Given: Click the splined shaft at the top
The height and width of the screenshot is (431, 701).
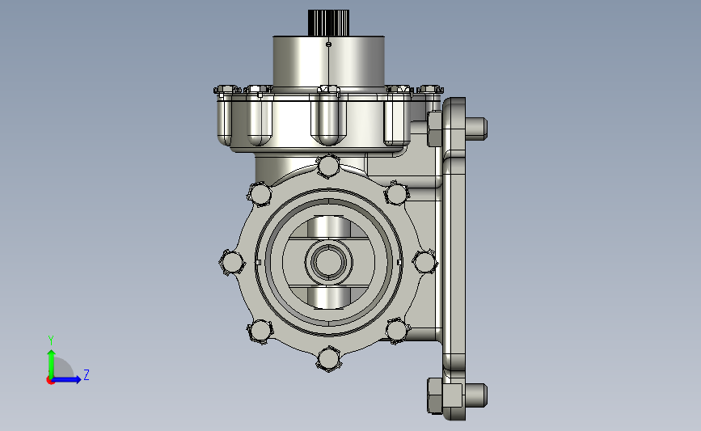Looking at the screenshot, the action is pyautogui.click(x=328, y=23).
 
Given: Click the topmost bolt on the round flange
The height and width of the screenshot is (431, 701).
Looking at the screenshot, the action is pyautogui.click(x=328, y=166).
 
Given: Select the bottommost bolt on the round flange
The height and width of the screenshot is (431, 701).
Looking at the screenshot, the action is pyautogui.click(x=328, y=358).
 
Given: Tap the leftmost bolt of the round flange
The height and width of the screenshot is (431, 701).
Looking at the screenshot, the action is pyautogui.click(x=232, y=262).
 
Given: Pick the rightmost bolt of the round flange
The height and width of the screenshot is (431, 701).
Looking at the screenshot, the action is pyautogui.click(x=424, y=262).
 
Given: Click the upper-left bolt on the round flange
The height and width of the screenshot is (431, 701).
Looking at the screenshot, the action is pyautogui.click(x=260, y=195).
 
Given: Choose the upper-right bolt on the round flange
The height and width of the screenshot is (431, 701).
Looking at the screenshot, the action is pyautogui.click(x=396, y=194).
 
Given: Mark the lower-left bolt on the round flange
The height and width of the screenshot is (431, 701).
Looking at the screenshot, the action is pyautogui.click(x=260, y=331).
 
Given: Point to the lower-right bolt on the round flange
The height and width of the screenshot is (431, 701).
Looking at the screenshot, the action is pyautogui.click(x=396, y=331).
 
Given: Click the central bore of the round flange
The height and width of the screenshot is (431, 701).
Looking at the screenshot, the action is pyautogui.click(x=328, y=262).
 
